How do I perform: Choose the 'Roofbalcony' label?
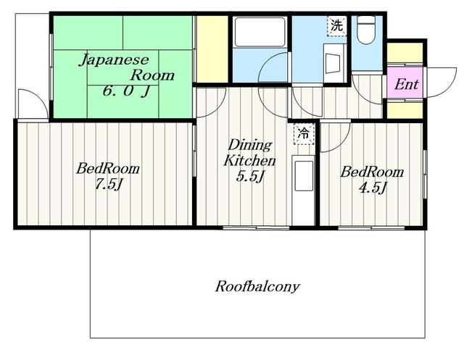(x=257, y=286)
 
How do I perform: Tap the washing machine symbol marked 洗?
(x=336, y=25)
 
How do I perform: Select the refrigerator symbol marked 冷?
(x=304, y=134)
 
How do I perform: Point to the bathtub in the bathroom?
(x=260, y=33)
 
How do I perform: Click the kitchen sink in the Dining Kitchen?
(x=304, y=176)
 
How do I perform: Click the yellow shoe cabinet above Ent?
(x=405, y=54)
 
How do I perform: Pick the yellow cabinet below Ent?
(x=405, y=110)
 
